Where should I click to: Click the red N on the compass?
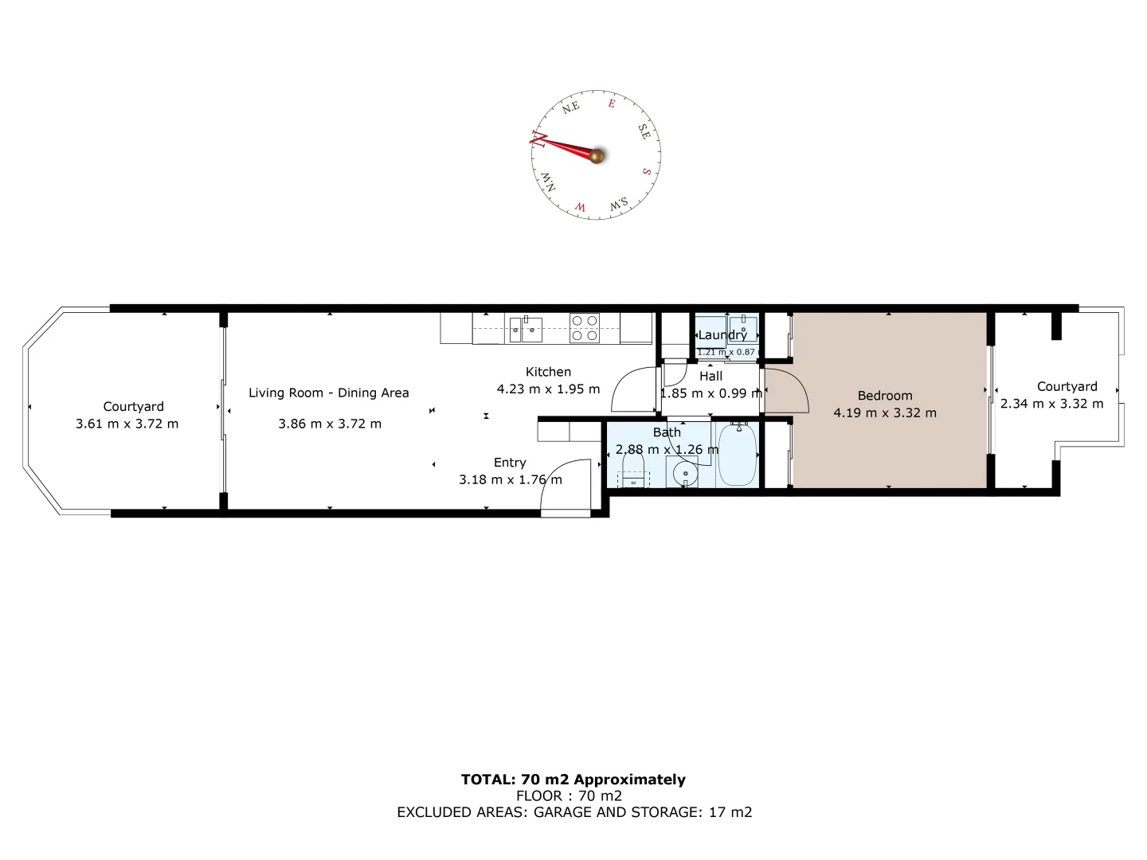pyautogui.click(x=538, y=141)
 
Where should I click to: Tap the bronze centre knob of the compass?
pyautogui.click(x=596, y=155)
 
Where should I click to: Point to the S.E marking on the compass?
pyautogui.click(x=644, y=131)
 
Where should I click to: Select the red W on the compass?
pyautogui.click(x=581, y=208)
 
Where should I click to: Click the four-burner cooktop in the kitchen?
pyautogui.click(x=584, y=328)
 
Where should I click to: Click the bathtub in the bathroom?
pyautogui.click(x=737, y=455)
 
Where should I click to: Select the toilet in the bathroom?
pyautogui.click(x=633, y=470)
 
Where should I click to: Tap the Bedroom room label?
pyautogui.click(x=885, y=396)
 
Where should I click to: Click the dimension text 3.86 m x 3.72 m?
pyautogui.click(x=330, y=424)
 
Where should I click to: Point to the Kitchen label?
pyautogui.click(x=548, y=372)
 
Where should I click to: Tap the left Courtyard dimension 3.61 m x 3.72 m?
pyautogui.click(x=127, y=424)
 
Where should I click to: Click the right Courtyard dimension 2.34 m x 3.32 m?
pyautogui.click(x=1051, y=404)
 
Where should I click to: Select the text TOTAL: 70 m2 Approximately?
pyautogui.click(x=573, y=780)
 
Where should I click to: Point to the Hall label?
pyautogui.click(x=711, y=376)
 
